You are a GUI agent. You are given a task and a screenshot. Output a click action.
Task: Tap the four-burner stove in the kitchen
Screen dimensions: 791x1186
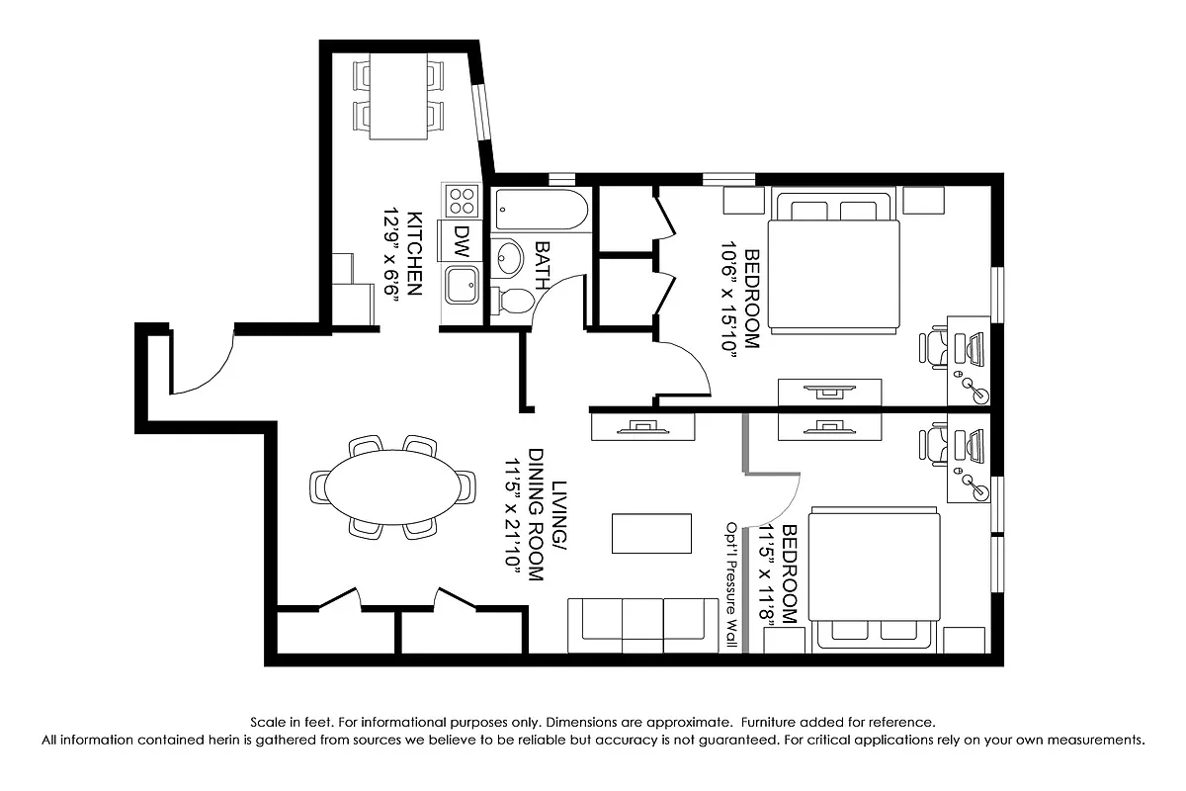pyautogui.click(x=462, y=201)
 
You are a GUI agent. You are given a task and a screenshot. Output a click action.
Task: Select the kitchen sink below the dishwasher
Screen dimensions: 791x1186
pyautogui.click(x=462, y=285)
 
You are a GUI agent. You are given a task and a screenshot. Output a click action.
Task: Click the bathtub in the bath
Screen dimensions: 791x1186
pyautogui.click(x=542, y=210)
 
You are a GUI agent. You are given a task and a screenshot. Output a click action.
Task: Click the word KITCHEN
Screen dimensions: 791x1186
pyautogui.click(x=415, y=251)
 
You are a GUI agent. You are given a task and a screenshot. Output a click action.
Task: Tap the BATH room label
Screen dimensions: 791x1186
pyautogui.click(x=542, y=264)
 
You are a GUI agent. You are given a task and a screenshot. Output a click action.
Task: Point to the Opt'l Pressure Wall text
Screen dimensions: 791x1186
pyautogui.click(x=732, y=583)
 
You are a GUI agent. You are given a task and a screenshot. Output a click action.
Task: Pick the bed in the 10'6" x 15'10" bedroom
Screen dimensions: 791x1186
pyautogui.click(x=835, y=263)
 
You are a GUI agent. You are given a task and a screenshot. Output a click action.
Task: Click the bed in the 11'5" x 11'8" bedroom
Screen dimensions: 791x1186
pyautogui.click(x=874, y=580)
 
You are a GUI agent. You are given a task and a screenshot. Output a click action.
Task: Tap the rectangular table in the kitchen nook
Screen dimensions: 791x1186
pyautogui.click(x=399, y=97)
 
